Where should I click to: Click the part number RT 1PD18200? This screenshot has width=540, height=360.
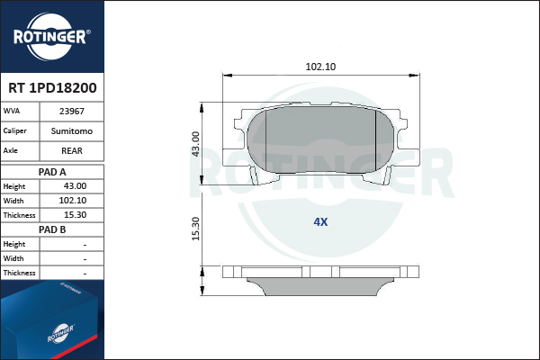point(52,88)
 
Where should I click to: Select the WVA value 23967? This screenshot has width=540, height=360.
point(72,112)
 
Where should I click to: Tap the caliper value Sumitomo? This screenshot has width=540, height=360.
point(72,130)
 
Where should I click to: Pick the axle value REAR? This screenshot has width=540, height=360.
point(72,151)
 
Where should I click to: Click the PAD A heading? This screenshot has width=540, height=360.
point(52,172)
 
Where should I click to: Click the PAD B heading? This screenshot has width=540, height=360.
point(52,229)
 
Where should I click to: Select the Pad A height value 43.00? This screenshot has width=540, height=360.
point(75,186)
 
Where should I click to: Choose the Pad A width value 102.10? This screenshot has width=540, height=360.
point(73,201)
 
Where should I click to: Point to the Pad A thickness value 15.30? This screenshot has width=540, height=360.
point(75,215)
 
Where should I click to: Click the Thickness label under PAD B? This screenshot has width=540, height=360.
point(19,273)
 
